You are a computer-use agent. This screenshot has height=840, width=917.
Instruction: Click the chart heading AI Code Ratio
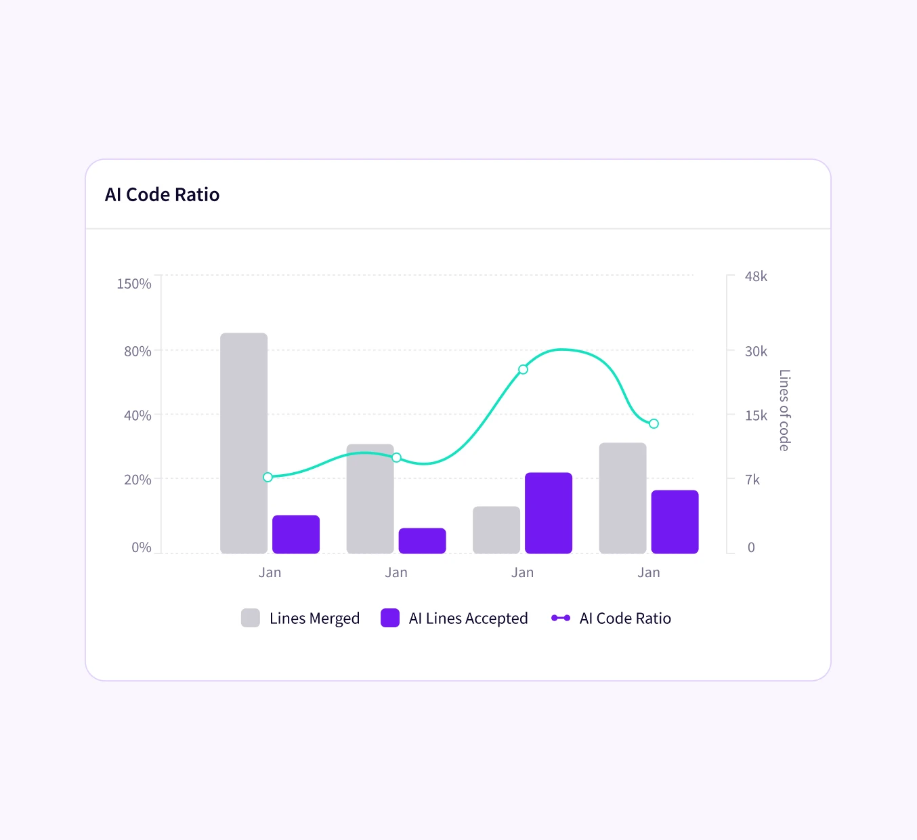coord(162,194)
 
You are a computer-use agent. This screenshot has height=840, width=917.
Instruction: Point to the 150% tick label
coord(133,284)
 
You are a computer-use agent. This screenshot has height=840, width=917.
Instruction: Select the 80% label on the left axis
coord(137,351)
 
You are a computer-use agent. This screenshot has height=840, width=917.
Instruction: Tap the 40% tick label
coord(137,415)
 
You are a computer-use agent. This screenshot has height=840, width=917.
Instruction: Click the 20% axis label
coord(137,480)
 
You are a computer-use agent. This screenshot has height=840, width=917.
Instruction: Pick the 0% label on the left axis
coord(141,547)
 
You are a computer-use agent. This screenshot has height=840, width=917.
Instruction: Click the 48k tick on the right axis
coord(756,276)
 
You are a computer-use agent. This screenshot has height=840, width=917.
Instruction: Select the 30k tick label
coord(756,351)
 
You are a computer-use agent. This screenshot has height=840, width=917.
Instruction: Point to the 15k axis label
coord(756,415)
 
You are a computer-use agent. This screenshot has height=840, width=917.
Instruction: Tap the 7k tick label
coord(752,480)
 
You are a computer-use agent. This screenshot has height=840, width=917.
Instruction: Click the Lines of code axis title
coord(784,411)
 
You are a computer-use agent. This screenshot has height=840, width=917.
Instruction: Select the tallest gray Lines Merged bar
coord(244,443)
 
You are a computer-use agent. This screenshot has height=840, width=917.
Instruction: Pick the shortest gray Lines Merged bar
coord(496,530)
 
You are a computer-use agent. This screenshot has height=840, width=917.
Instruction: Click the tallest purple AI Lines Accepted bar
coord(549,513)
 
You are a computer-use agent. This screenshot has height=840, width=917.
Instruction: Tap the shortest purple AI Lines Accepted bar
coord(422,541)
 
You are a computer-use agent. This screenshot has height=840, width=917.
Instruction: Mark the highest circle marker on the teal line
coord(523,369)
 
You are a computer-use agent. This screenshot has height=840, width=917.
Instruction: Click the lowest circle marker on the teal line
coord(268,477)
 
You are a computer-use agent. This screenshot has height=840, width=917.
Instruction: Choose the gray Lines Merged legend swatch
coord(251,618)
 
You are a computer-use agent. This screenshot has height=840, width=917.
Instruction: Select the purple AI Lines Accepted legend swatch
coord(390,618)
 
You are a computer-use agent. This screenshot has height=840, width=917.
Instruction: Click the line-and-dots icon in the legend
coord(561,618)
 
